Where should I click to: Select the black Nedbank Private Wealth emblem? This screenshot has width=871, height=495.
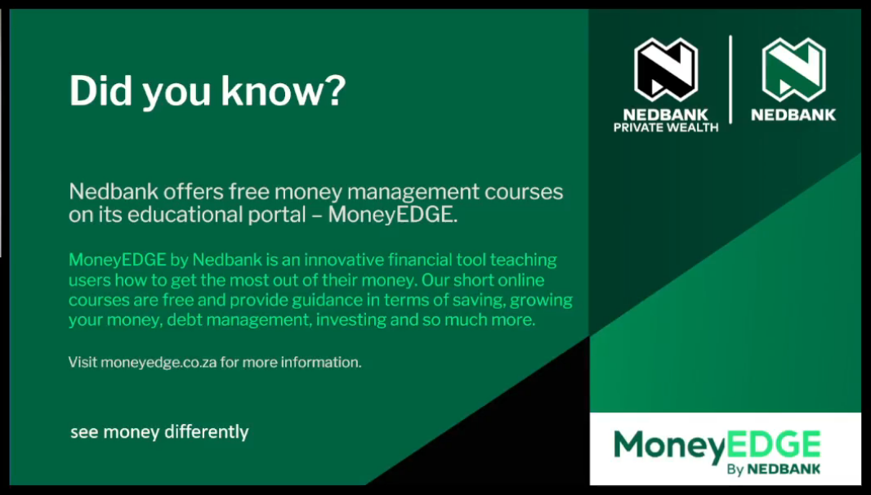pos(665,69)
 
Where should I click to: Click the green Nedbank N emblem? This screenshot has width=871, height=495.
pos(793,69)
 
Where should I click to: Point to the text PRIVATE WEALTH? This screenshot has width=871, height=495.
pos(665,127)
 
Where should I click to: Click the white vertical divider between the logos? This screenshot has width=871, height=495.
pos(730,79)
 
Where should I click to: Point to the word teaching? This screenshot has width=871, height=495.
pos(523,260)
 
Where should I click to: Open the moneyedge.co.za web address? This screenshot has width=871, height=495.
pos(159,363)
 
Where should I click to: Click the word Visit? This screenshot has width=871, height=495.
pos(83,362)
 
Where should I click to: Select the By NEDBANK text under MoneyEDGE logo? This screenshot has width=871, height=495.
pos(773,470)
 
